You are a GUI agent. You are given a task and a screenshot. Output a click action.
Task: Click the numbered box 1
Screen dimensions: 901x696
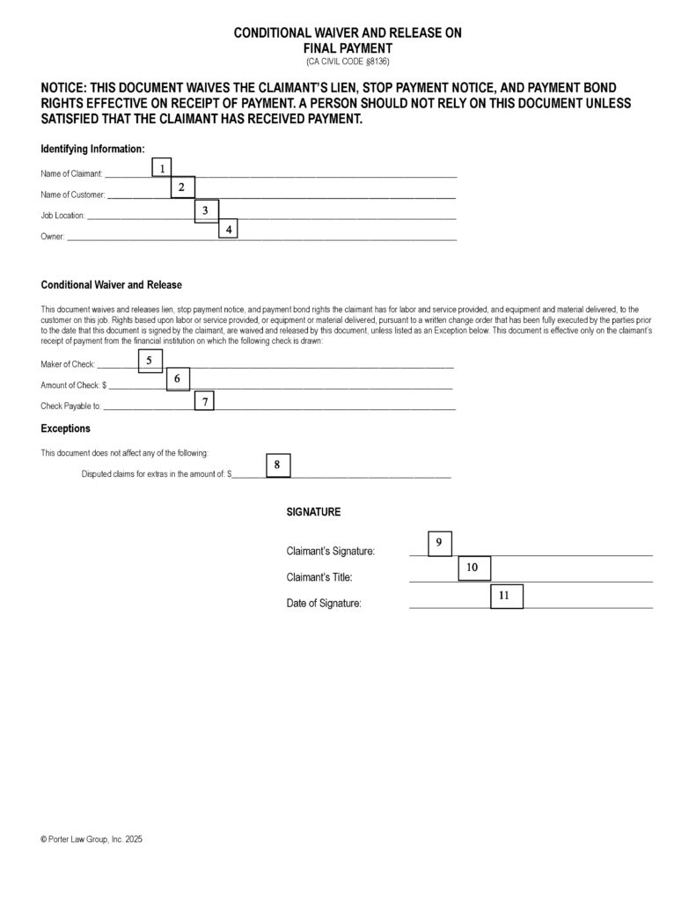(162, 167)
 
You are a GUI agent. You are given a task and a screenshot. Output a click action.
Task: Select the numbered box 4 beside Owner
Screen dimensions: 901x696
(228, 229)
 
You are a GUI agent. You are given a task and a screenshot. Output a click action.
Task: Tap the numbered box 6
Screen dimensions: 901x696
(177, 378)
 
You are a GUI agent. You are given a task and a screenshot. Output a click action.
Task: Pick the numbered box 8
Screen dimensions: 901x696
(277, 465)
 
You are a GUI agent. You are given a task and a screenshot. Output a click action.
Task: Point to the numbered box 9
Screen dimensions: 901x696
(439, 544)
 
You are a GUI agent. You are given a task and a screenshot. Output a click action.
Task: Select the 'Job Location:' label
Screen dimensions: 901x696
(63, 216)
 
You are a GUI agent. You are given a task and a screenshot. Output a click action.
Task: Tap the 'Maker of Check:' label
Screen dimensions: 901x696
(68, 364)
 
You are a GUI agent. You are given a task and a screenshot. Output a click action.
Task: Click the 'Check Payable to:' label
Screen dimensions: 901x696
(71, 407)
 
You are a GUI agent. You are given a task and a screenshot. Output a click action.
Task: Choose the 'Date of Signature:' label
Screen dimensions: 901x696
(324, 604)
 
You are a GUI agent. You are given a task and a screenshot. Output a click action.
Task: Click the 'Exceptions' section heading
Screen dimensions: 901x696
(66, 429)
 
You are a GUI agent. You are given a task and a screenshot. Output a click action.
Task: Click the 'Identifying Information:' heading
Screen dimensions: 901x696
(92, 149)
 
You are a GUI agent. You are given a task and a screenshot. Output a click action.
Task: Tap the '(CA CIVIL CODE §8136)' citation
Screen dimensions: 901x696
(348, 62)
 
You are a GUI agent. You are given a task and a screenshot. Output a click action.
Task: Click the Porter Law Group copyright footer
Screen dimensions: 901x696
(92, 840)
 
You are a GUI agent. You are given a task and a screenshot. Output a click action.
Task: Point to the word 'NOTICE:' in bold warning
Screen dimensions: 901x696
(70, 88)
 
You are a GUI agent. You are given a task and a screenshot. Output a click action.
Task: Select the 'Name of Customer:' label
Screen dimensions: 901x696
(73, 194)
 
